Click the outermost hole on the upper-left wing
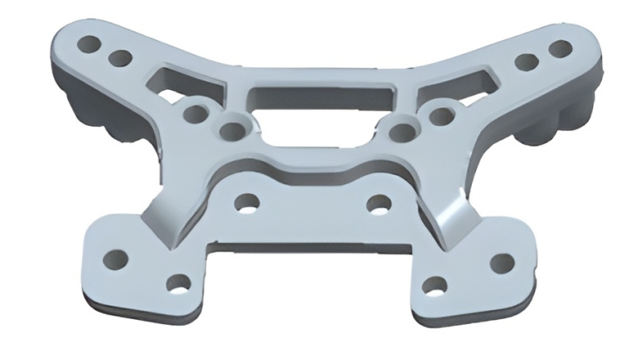(x=89, y=42)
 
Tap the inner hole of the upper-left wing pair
(x=121, y=59)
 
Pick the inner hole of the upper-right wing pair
(x=526, y=62)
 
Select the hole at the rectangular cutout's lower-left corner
(x=232, y=132)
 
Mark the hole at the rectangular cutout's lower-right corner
(x=401, y=132)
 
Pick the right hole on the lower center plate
(x=379, y=204)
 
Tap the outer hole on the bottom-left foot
(x=115, y=259)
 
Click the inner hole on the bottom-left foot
(x=178, y=282)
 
